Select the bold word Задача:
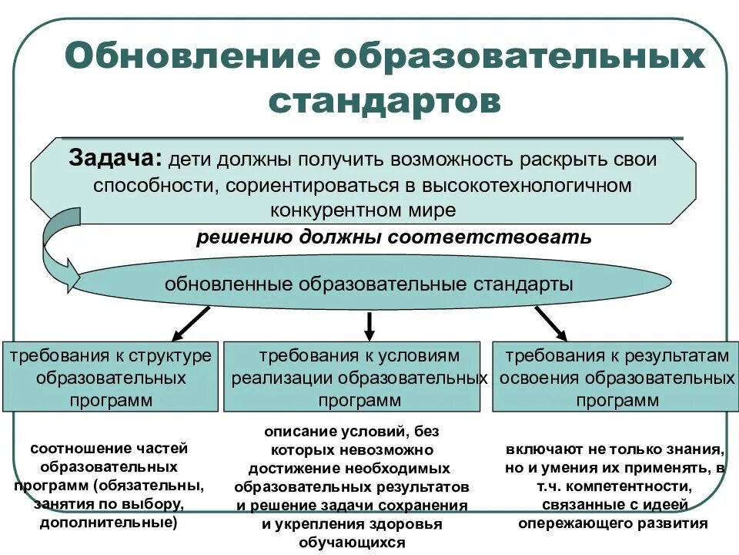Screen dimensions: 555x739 pyautogui.click(x=115, y=158)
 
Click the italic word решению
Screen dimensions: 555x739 pyautogui.click(x=243, y=237)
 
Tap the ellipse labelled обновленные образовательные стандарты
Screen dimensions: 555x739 pyautogui.click(x=369, y=284)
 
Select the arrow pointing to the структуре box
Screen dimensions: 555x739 pyautogui.click(x=190, y=323)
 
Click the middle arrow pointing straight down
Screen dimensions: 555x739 pyautogui.click(x=369, y=325)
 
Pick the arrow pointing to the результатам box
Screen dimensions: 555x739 pyautogui.click(x=550, y=322)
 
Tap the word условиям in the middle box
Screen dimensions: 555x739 pyautogui.click(x=420, y=356)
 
